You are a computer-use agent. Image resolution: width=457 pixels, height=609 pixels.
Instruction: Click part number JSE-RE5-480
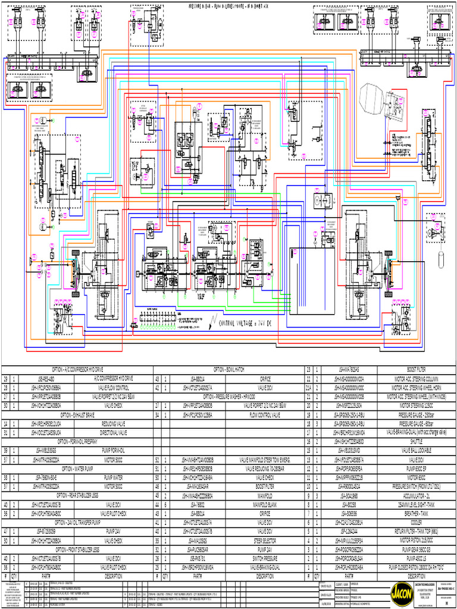point(46,378)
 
